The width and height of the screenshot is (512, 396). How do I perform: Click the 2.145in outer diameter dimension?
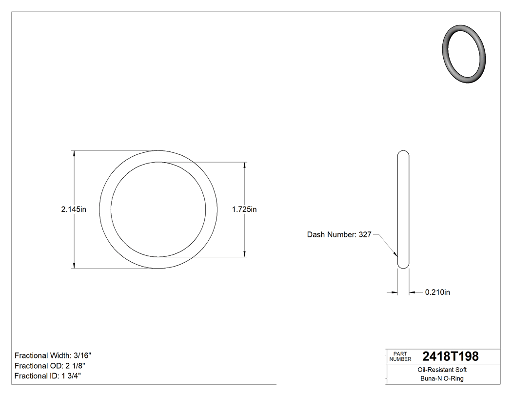74,209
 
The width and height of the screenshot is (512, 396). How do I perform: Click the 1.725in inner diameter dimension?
244,209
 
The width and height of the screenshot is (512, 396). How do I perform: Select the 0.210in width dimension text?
437,292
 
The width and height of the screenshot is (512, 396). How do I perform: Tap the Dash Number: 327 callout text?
339,235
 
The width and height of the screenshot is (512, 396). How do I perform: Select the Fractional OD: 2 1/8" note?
51,366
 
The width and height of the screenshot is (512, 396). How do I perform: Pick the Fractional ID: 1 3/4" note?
48,376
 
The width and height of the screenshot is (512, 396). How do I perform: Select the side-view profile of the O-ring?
403,209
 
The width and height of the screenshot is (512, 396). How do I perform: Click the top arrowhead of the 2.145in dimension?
74,153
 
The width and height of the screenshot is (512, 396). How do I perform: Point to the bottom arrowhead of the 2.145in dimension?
74,265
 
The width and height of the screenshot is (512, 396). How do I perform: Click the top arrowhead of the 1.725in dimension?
244,165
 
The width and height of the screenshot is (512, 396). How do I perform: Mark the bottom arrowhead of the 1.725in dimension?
244,253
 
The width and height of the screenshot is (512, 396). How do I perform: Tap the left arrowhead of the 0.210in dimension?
394,292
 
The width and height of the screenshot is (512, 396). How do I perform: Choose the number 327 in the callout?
365,235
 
